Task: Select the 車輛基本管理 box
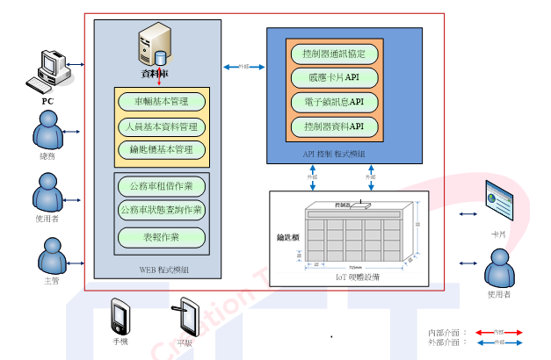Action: (x=162, y=101)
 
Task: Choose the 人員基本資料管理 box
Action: (x=162, y=126)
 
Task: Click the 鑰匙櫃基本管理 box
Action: (x=162, y=150)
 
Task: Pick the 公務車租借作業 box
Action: (x=162, y=186)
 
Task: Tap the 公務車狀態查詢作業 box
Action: (x=162, y=210)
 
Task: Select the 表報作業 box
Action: (x=162, y=236)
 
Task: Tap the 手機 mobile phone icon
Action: (x=120, y=315)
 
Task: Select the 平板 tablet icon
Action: (x=185, y=316)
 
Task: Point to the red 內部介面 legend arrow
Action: (x=498, y=334)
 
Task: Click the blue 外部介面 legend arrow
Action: (x=498, y=343)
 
